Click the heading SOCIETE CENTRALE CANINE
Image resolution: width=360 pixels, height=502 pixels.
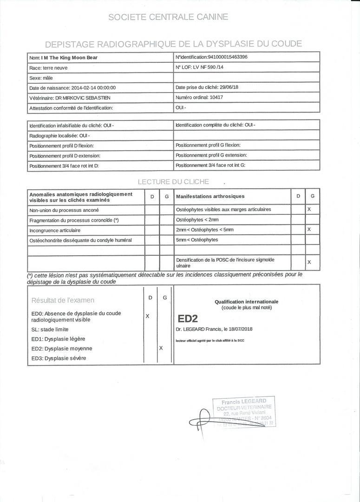point(168,17)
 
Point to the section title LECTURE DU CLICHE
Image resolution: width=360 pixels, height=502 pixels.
point(173,182)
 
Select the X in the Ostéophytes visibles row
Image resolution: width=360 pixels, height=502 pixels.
point(309,210)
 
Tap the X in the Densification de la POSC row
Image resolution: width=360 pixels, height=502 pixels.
point(309,263)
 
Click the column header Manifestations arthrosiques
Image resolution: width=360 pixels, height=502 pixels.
point(210,197)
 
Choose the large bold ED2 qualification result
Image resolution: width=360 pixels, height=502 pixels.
point(188,318)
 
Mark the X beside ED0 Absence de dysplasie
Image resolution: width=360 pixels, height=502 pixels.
point(147,316)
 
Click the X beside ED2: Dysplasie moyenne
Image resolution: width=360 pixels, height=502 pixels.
point(161,348)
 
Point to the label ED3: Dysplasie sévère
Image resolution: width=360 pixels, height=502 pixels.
point(59,358)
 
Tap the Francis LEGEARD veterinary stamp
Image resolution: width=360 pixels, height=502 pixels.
point(244,411)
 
